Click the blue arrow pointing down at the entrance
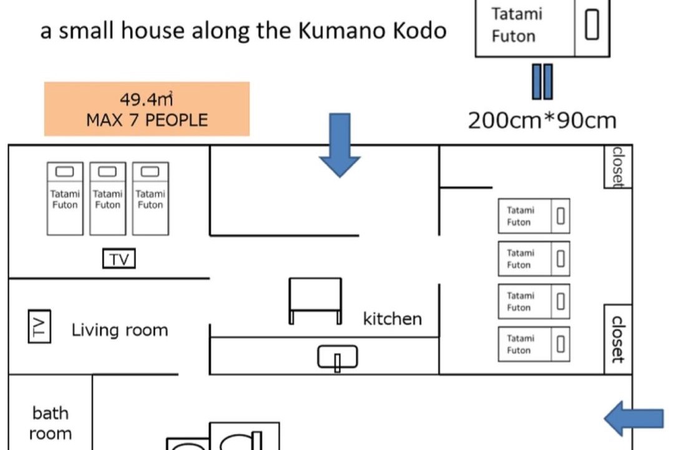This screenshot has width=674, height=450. pyautogui.click(x=339, y=145)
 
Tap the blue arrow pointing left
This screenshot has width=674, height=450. pyautogui.click(x=634, y=418)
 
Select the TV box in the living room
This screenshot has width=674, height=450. pyautogui.click(x=39, y=326)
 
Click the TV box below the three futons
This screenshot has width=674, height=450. pyautogui.click(x=119, y=258)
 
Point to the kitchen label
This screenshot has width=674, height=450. pyautogui.click(x=393, y=319)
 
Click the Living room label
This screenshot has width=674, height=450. pyautogui.click(x=119, y=330)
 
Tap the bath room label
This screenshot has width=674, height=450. pyautogui.click(x=51, y=423)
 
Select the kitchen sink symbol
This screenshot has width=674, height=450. pyautogui.click(x=338, y=357)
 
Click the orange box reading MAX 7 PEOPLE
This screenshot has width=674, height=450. pyautogui.click(x=147, y=109)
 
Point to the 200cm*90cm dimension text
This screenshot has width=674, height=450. pyautogui.click(x=542, y=121)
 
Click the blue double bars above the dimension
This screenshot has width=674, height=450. pyautogui.click(x=542, y=82)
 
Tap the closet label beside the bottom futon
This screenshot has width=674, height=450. pyautogui.click(x=618, y=339)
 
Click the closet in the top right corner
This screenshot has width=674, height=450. pyautogui.click(x=618, y=167)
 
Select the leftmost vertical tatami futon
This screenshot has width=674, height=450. pyautogui.click(x=65, y=199)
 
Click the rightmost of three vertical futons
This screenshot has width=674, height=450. pyautogui.click(x=150, y=199)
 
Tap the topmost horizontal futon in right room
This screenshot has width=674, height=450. pyautogui.click(x=534, y=216)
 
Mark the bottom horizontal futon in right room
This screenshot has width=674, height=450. pyautogui.click(x=534, y=344)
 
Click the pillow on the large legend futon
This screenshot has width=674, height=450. pyautogui.click(x=592, y=24)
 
